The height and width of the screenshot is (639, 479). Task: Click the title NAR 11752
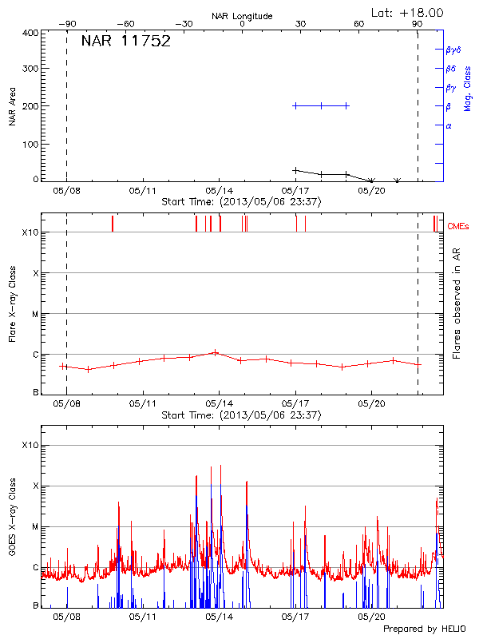(x=125, y=42)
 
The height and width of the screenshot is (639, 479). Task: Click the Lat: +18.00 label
(x=408, y=12)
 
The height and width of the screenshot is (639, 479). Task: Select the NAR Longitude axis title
(x=242, y=15)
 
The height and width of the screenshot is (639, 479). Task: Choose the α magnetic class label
(x=448, y=125)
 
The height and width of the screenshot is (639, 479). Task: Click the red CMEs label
(x=458, y=228)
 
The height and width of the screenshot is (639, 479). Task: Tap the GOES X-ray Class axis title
(x=12, y=526)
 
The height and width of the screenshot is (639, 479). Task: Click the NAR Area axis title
(x=12, y=106)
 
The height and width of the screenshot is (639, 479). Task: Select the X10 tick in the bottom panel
(x=30, y=445)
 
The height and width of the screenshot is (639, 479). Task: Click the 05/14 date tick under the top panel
(x=219, y=191)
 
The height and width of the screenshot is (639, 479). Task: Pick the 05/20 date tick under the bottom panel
(x=371, y=617)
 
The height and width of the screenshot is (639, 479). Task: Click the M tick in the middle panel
(x=36, y=314)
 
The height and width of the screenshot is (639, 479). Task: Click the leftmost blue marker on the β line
(x=295, y=105)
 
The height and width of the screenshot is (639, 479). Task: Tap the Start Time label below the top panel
(x=240, y=202)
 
